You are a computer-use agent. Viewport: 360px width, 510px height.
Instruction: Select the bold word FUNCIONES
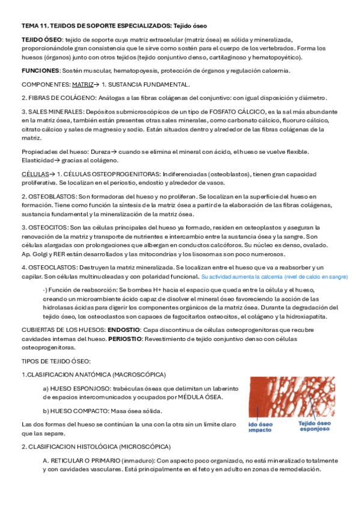point(39,71)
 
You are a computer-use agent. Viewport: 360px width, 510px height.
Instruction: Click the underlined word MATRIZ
point(82,85)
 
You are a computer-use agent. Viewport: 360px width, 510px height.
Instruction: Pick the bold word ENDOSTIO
point(124,330)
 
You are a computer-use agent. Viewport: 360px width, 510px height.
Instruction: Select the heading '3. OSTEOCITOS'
point(44,227)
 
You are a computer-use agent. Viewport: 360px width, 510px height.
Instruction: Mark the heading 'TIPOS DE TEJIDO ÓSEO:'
point(55,361)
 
